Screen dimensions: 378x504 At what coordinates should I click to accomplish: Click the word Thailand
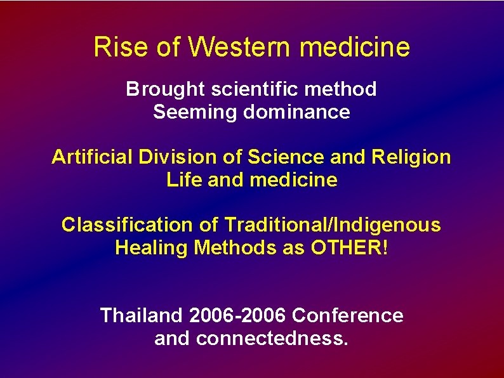click(x=142, y=315)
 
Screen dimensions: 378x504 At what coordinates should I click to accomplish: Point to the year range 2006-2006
click(x=239, y=315)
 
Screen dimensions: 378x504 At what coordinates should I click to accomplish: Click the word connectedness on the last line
click(x=272, y=338)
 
